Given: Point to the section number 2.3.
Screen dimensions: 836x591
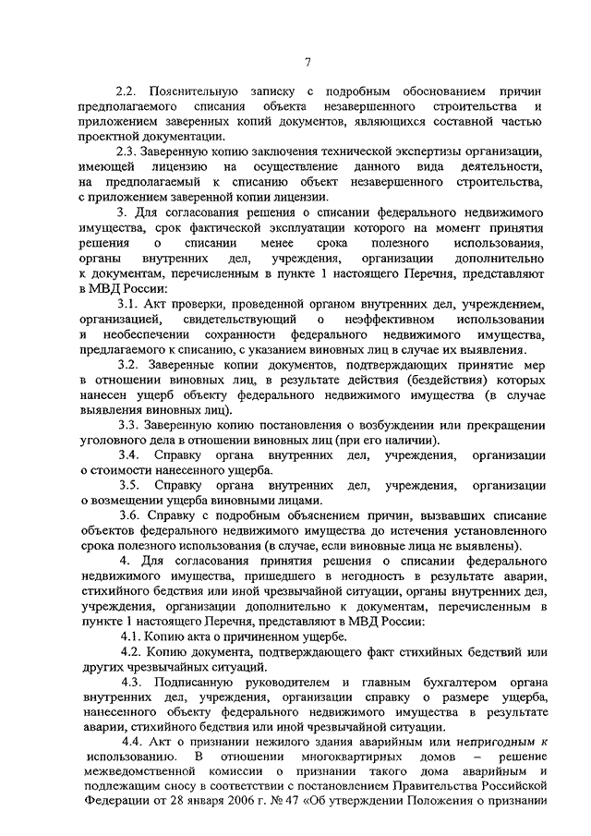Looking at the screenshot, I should (x=126, y=151).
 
